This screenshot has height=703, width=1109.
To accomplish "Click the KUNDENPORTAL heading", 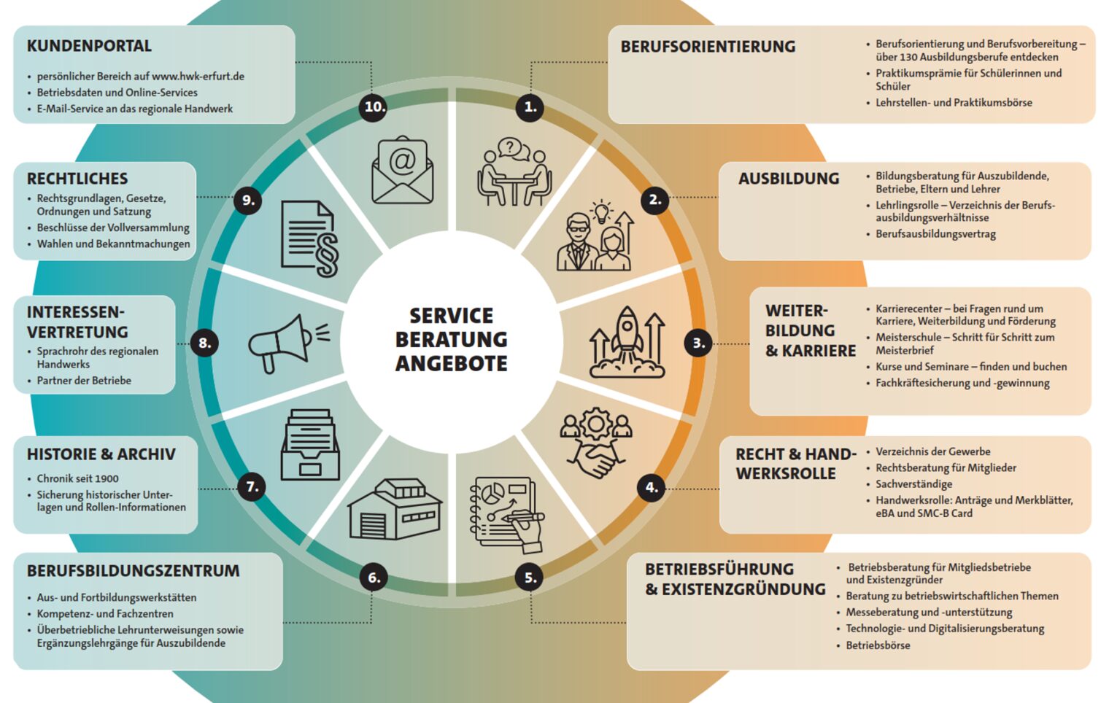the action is click(89, 46).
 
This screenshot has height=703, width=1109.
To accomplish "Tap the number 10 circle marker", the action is click(375, 107).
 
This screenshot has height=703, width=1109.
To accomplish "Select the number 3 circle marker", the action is click(698, 343).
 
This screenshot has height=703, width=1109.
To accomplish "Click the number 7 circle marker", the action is click(252, 487).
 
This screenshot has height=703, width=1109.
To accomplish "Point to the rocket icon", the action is click(627, 342).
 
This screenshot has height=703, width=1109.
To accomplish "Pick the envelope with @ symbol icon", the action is click(403, 170).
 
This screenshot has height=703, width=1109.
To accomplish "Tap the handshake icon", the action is click(595, 443).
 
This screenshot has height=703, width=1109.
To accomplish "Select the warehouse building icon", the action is click(395, 509).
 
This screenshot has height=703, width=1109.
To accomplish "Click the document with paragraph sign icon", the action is click(310, 238).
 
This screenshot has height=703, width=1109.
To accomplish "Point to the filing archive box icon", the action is click(310, 444).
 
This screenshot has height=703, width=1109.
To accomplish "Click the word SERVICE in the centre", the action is click(451, 316).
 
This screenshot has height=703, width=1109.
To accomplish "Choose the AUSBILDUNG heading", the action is click(789, 179).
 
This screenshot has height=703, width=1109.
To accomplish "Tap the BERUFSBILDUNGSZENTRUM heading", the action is click(134, 571).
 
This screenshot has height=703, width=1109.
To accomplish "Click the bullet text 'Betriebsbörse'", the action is click(878, 645).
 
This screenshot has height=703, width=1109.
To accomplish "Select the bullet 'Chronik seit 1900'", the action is click(78, 478).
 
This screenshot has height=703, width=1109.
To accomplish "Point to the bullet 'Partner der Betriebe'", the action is click(84, 381).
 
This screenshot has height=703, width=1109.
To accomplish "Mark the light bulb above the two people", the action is click(601, 211).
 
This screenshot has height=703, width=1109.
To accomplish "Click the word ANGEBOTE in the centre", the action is click(451, 364).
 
